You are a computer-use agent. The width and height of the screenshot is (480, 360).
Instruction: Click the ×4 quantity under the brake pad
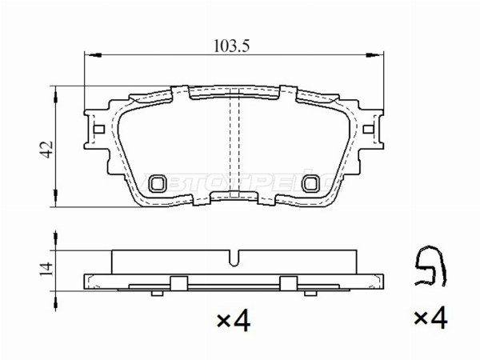[234, 322]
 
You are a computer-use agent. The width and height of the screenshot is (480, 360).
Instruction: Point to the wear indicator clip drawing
[429, 268]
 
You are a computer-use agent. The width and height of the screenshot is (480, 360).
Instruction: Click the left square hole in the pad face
[157, 183]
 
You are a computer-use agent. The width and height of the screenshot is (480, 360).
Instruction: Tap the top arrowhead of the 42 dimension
[56, 91]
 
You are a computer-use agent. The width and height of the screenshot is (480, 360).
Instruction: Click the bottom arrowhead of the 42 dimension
[56, 204]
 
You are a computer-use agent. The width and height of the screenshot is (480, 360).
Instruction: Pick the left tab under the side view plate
[178, 282]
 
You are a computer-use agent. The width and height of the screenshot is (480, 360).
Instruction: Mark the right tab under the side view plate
[289, 282]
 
